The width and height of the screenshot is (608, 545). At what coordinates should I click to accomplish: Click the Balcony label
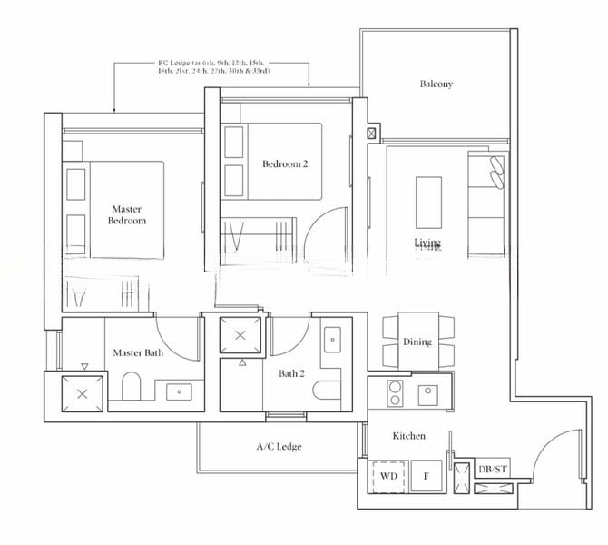(436, 84)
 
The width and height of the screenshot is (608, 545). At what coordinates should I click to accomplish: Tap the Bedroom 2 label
(285, 164)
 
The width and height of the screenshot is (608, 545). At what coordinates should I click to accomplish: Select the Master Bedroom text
(127, 214)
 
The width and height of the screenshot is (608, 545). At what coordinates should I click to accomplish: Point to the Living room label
(427, 243)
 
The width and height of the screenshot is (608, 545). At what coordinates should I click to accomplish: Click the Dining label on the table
(417, 342)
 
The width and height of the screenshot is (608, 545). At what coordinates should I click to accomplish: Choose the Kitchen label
(408, 436)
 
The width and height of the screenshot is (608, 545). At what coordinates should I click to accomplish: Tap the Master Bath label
(138, 352)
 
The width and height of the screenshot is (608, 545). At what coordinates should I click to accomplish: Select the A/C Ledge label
(279, 447)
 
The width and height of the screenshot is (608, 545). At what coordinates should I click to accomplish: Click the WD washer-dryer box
(389, 476)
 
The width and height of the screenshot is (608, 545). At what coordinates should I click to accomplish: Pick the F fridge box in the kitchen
(427, 476)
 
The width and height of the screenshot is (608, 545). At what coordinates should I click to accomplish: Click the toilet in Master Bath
(132, 388)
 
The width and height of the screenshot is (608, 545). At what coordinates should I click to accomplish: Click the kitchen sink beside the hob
(428, 394)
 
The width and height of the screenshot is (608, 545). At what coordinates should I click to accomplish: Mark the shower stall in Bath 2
(240, 335)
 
